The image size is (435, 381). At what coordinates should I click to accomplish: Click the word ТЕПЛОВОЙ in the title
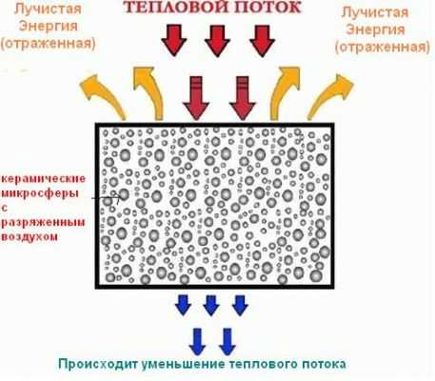click(x=174, y=8)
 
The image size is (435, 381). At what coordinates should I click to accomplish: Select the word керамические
click(x=44, y=179)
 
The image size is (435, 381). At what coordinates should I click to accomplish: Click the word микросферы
click(x=40, y=193)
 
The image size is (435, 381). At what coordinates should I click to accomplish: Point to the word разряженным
click(x=43, y=222)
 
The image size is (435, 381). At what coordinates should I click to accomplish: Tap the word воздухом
click(x=30, y=236)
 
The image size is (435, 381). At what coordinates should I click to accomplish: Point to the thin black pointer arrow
click(x=107, y=198)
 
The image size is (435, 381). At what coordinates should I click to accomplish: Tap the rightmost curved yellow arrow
click(x=330, y=95)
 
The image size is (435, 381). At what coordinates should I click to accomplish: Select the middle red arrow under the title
click(x=217, y=41)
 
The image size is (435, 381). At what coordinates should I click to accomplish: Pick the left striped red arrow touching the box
click(x=196, y=98)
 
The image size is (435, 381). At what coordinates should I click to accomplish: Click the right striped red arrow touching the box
click(x=243, y=98)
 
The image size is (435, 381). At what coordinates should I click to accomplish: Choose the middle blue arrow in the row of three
click(x=211, y=306)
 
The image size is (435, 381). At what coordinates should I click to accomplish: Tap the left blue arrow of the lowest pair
click(x=197, y=342)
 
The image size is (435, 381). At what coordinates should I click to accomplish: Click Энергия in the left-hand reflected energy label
click(x=48, y=26)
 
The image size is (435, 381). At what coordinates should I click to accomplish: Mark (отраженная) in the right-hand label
click(x=383, y=47)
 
